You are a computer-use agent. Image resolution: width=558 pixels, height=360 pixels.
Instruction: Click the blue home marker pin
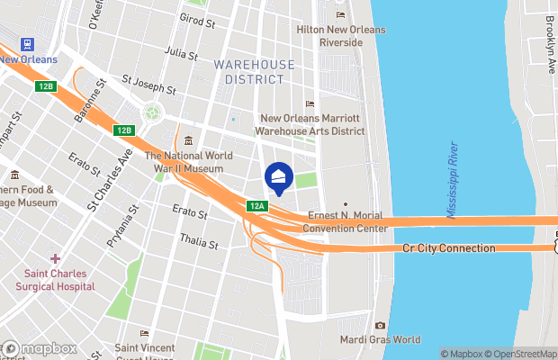(x=279, y=177)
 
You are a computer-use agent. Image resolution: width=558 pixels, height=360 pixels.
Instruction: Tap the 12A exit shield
(x=257, y=206)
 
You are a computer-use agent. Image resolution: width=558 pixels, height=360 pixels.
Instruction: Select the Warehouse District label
(x=255, y=72)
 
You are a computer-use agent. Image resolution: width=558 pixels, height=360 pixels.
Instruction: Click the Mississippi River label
(x=455, y=180)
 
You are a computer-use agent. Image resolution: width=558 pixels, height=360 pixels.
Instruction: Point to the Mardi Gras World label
(x=379, y=340)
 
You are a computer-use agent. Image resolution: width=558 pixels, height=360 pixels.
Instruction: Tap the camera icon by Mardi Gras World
(x=380, y=325)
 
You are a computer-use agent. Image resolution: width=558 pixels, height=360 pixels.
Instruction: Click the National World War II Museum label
(x=190, y=162)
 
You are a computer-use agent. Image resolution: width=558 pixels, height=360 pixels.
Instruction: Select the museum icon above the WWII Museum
(x=189, y=140)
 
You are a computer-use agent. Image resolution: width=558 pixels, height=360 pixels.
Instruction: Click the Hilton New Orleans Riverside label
(x=341, y=35)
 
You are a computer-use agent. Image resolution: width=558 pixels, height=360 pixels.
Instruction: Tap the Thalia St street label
(x=199, y=243)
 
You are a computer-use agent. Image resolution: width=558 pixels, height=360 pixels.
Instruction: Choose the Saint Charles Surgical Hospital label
(x=55, y=280)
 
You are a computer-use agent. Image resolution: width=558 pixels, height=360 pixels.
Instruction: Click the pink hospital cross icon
(x=56, y=259)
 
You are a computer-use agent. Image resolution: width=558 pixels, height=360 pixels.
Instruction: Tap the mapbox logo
(x=40, y=348)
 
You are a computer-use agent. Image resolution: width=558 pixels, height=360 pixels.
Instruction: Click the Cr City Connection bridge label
(x=449, y=248)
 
